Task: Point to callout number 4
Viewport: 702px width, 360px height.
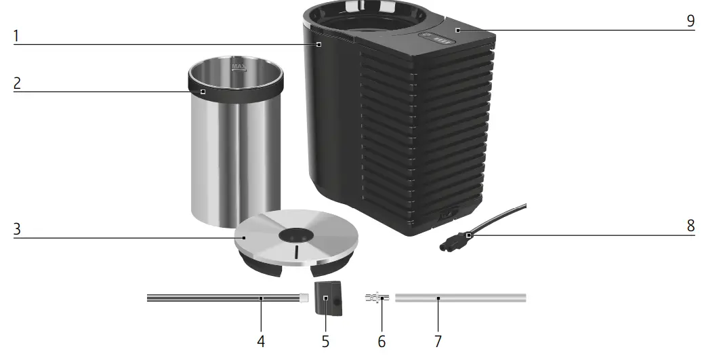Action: tap(261, 341)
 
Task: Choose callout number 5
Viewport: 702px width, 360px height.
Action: tap(325, 341)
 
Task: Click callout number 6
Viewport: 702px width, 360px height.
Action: tap(381, 341)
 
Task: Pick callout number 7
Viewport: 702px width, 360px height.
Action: tap(438, 341)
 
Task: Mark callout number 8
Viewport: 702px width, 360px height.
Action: tap(690, 226)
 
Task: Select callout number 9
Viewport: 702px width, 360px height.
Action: tap(690, 21)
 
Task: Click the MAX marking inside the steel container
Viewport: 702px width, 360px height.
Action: tap(239, 66)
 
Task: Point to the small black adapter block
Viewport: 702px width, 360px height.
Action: tap(328, 299)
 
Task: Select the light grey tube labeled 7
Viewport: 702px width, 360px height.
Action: tap(460, 298)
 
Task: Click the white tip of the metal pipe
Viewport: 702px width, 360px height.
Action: tap(304, 297)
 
